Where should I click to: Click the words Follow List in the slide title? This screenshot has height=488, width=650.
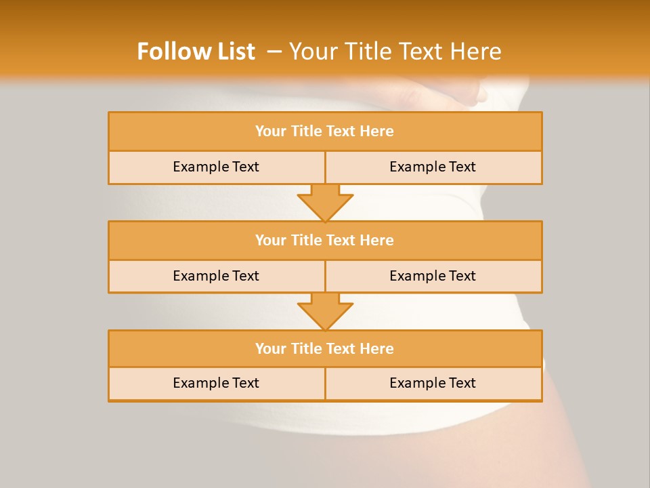[x=196, y=52]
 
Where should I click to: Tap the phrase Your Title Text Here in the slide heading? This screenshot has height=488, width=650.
[x=395, y=52]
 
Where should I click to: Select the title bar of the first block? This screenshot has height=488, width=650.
[x=324, y=131]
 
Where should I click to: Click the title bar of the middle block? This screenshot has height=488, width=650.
[x=324, y=240]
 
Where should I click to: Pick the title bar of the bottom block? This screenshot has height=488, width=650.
[x=324, y=348]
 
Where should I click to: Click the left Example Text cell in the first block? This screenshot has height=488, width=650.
[x=216, y=167]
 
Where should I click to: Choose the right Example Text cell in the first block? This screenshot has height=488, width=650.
[x=433, y=167]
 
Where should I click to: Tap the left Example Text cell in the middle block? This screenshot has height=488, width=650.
[x=216, y=276]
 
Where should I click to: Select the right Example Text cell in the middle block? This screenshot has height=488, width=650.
[x=433, y=276]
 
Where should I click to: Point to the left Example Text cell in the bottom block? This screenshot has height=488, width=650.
[x=216, y=383]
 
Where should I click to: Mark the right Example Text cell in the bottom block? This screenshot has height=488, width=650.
[x=433, y=383]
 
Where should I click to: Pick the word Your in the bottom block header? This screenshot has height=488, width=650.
[x=270, y=348]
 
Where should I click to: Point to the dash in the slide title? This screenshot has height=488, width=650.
[x=274, y=52]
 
